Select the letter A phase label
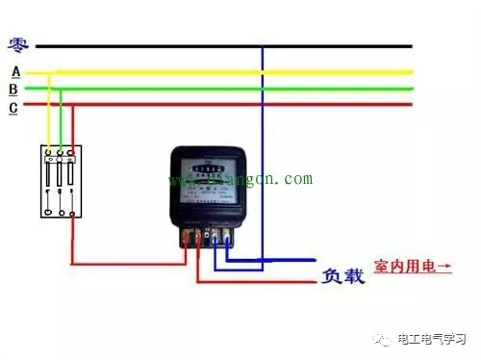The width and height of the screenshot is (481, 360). pos(14,71)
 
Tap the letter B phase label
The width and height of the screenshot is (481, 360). pos(13,90)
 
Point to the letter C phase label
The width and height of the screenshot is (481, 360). pos(13,108)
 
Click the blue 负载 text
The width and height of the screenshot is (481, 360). pos(342,276)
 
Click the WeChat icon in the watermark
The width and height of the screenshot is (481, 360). pos(383,340)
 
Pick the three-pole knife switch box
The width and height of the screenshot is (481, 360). pos(60,181)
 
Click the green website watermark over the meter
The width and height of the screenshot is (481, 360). pos(240,180)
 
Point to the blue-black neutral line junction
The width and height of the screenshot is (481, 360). pos(263,45)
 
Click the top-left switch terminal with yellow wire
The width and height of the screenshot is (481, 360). pos(49,151)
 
